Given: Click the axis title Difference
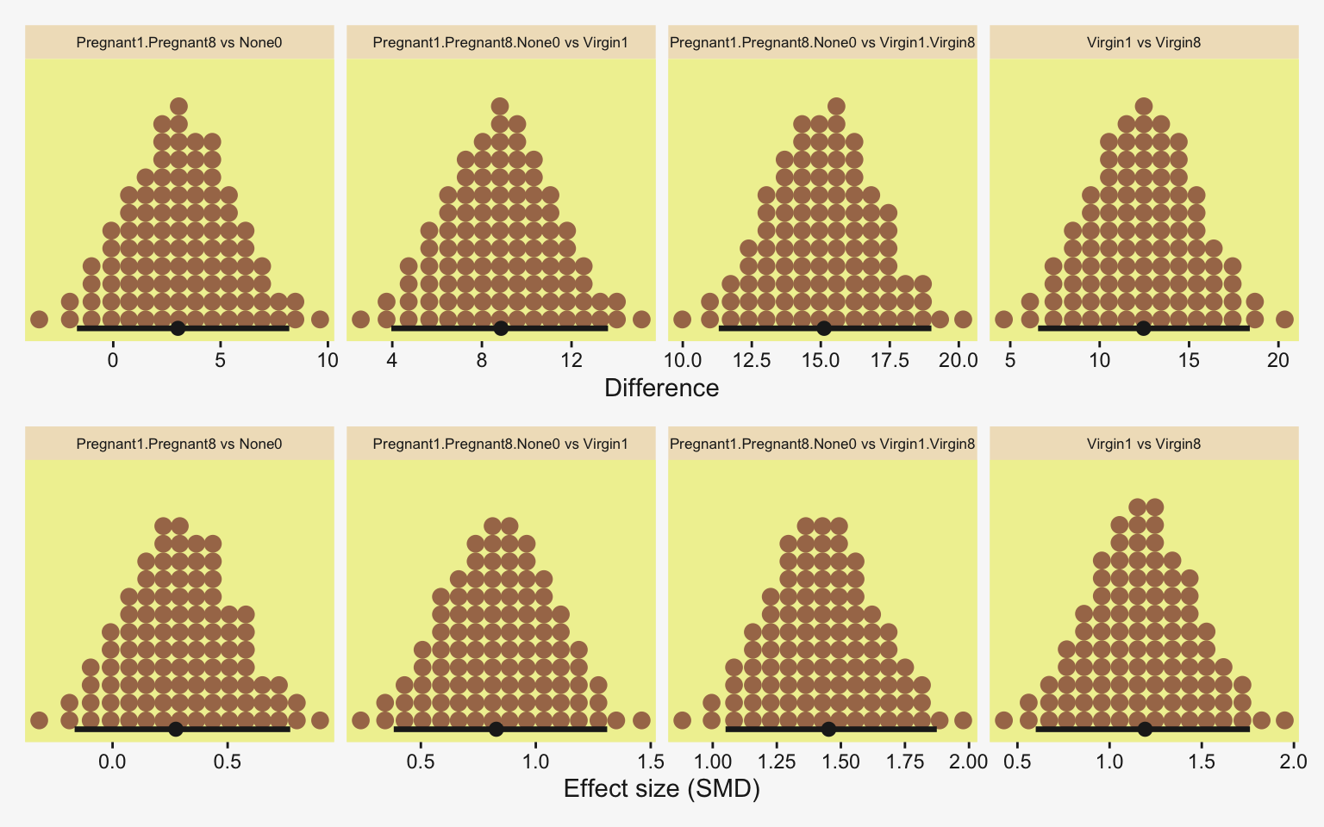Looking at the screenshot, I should (661, 388).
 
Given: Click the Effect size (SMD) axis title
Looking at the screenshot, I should (661, 788).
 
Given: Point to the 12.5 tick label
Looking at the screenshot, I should (752, 360).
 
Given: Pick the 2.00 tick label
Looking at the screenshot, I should (969, 762).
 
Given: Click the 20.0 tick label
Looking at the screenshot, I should (959, 360).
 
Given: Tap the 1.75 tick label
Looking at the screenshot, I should (905, 762).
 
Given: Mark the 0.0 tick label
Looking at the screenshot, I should (112, 762).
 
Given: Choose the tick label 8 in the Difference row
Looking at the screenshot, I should (481, 360).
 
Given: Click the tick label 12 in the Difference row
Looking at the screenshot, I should (571, 360).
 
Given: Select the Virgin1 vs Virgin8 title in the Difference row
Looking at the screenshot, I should (1144, 42).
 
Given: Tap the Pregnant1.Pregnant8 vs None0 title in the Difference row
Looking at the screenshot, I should (179, 42).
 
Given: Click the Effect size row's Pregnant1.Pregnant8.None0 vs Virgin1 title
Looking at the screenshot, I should (501, 444).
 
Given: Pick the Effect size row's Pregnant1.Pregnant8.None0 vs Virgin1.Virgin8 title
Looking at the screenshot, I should (822, 444).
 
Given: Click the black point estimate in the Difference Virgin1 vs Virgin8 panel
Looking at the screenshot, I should (1143, 328).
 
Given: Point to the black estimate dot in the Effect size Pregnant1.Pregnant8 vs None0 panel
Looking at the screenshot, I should (176, 729).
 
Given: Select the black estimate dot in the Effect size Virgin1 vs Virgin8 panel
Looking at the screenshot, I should (1145, 729).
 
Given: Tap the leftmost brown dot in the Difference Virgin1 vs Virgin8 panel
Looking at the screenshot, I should (1003, 320).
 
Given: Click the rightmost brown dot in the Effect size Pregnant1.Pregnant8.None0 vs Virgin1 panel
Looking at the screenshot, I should (641, 720).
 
